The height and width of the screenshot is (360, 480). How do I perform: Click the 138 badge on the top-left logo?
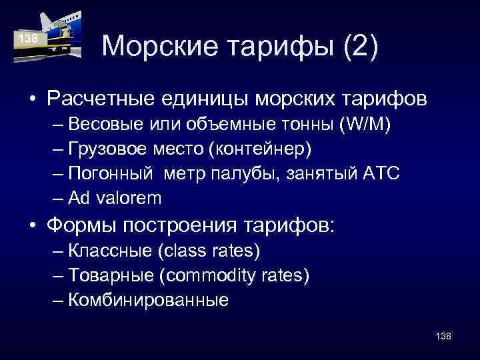(x=28, y=39)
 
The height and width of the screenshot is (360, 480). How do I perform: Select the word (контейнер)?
(x=260, y=149)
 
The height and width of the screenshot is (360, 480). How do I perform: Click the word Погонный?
(x=107, y=173)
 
